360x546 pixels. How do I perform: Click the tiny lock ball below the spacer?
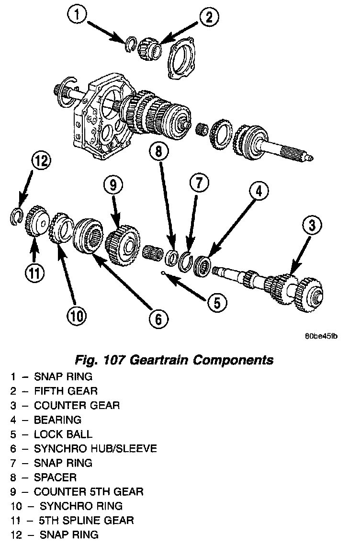click(x=164, y=273)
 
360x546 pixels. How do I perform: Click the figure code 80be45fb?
click(x=321, y=336)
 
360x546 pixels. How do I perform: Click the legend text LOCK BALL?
click(x=63, y=434)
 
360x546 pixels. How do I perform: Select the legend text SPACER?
click(x=55, y=478)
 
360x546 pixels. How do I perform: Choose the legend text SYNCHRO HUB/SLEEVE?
click(x=95, y=449)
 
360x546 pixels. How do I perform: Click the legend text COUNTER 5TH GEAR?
click(x=89, y=492)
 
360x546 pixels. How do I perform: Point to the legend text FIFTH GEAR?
click(x=66, y=391)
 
